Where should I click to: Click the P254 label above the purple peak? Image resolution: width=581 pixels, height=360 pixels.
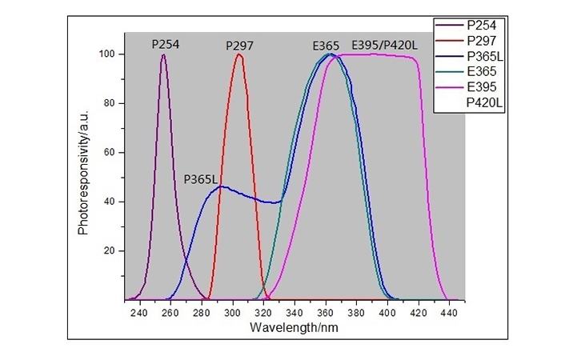tap(165, 44)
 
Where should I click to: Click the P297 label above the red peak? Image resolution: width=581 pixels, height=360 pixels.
tap(239, 45)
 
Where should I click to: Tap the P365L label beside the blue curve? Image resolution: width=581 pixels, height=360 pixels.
tap(201, 179)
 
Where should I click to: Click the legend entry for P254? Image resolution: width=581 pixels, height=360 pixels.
tap(479, 26)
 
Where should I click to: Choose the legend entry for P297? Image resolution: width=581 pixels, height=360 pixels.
tap(479, 41)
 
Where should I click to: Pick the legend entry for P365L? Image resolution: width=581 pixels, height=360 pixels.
tap(483, 57)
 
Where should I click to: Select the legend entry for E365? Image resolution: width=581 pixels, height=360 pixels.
tap(479, 72)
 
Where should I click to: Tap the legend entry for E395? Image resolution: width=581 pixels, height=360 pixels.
tap(479, 87)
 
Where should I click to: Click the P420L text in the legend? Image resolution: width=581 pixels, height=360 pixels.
tap(483, 103)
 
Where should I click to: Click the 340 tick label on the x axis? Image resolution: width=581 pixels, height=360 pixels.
tap(295, 313)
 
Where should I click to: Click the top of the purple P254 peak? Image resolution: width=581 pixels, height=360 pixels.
tap(164, 55)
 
